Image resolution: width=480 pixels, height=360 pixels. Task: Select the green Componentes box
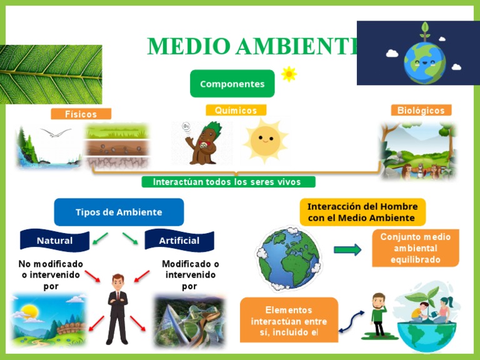[x=232, y=84]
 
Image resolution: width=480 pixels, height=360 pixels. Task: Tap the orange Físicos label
[x=81, y=114]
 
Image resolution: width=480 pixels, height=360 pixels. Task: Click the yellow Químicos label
[x=236, y=110]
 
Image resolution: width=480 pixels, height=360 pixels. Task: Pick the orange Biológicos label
[x=421, y=111]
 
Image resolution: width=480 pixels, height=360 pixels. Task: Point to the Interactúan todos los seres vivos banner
[x=227, y=182]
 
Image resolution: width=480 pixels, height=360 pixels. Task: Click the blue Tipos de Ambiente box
[x=119, y=212]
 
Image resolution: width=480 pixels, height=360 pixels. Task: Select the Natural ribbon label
[x=55, y=241]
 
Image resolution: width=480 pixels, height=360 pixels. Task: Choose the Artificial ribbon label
[x=179, y=241]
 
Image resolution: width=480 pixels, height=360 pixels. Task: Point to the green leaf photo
[x=51, y=74]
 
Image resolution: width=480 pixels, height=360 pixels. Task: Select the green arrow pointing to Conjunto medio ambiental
[x=347, y=250]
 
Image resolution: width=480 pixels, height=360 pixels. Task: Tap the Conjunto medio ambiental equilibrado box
[x=416, y=248]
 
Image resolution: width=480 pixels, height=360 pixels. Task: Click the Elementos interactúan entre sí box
[x=289, y=320]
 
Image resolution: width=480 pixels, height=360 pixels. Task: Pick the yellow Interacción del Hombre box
[x=362, y=212]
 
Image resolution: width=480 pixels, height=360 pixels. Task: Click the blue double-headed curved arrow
[x=352, y=321]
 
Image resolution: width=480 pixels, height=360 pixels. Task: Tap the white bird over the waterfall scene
[x=56, y=132]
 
